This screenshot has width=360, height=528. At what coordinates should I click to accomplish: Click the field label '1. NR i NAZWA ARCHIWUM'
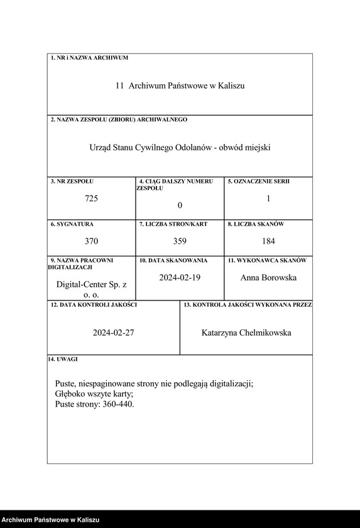pyautogui.click(x=89, y=58)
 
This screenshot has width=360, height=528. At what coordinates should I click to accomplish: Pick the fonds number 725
pyautogui.click(x=92, y=199)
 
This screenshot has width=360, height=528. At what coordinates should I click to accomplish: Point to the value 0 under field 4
pyautogui.click(x=180, y=206)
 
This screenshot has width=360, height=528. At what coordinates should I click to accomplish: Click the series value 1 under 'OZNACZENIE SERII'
pyautogui.click(x=268, y=199)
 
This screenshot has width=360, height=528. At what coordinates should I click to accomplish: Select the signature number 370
pyautogui.click(x=92, y=241)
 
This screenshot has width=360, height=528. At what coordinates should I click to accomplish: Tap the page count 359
pyautogui.click(x=180, y=241)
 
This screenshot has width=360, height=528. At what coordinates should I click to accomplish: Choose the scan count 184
pyautogui.click(x=268, y=241)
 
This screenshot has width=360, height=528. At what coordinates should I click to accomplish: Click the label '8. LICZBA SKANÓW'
pyautogui.click(x=256, y=224)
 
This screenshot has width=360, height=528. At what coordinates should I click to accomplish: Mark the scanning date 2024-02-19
pyautogui.click(x=180, y=277)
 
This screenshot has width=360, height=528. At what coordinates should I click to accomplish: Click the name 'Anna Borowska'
pyautogui.click(x=268, y=277)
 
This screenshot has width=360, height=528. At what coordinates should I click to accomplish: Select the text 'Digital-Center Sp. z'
pyautogui.click(x=92, y=285)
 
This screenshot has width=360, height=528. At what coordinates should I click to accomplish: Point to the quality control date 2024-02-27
pyautogui.click(x=113, y=333)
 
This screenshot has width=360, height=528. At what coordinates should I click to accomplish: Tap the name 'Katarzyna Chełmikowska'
pyautogui.click(x=246, y=333)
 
